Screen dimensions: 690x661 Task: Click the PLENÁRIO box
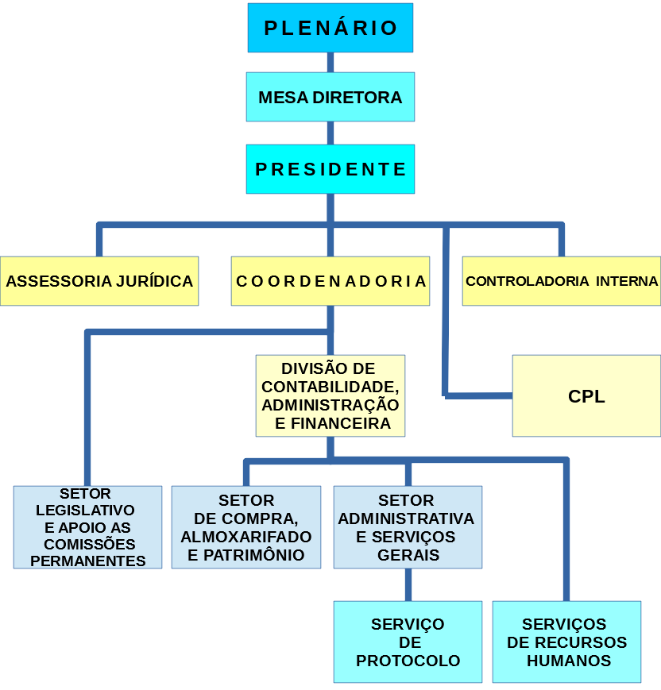click(330, 28)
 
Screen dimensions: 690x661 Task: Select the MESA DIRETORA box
click(330, 98)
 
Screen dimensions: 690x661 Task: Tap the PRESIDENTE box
click(330, 169)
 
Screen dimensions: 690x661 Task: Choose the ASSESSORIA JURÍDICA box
click(99, 281)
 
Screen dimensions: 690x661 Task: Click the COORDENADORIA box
click(330, 281)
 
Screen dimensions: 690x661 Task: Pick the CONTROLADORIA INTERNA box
click(562, 281)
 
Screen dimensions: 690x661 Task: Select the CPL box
click(586, 396)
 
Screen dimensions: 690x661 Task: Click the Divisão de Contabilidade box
click(330, 395)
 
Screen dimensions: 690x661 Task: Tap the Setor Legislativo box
click(87, 527)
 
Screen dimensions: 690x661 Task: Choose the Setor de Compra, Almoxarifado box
click(246, 527)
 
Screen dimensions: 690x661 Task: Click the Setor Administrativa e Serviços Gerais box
click(408, 527)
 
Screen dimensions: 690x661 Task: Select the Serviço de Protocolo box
click(408, 642)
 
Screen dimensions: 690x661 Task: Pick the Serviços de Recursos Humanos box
click(566, 642)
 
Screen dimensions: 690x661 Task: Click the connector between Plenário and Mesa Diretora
click(330, 62)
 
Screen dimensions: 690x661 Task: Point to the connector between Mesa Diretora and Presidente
click(330, 133)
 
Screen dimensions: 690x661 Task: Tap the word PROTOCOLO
click(408, 661)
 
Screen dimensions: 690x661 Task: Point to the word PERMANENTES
click(88, 561)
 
